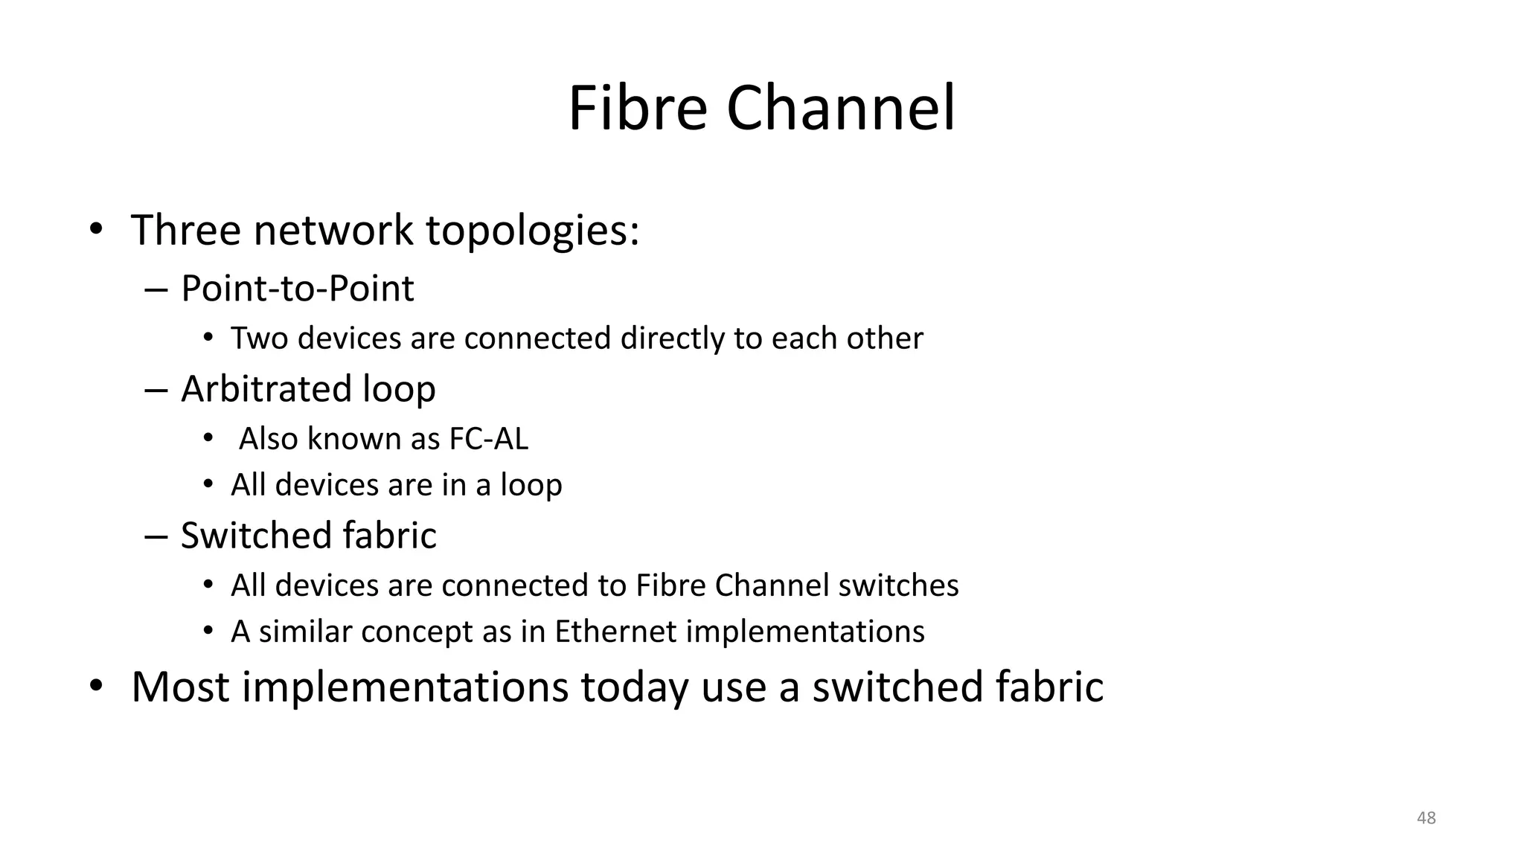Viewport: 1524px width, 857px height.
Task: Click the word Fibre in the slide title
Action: (637, 109)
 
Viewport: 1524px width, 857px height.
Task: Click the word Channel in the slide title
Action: (840, 109)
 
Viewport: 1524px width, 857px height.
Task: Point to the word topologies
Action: (532, 231)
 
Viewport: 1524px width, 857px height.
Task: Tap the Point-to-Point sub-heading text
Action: (297, 289)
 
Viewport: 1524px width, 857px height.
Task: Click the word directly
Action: (672, 338)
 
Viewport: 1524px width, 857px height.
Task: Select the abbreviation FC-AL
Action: (488, 439)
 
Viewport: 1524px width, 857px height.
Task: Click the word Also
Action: (268, 439)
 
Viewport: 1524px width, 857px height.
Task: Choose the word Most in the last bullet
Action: (180, 687)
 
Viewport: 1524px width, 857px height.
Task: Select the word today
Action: (634, 688)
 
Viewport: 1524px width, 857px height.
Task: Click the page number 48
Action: (1427, 818)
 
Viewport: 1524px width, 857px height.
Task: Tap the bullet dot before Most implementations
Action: (95, 687)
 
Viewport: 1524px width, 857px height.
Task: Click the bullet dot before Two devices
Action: (208, 338)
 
